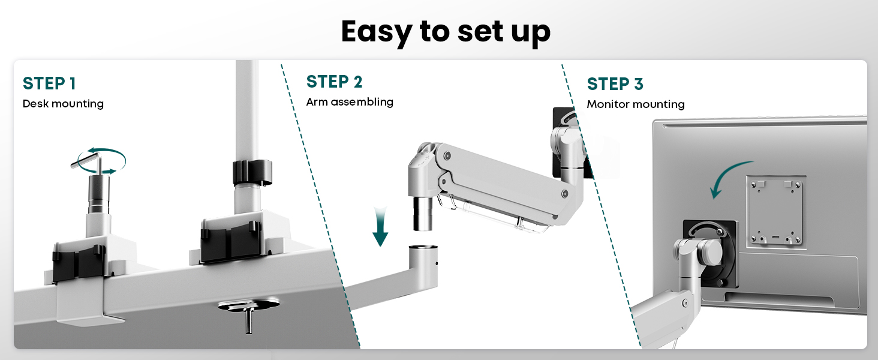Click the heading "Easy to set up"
click(x=446, y=32)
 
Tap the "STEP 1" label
click(x=49, y=83)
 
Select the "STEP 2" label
click(x=334, y=82)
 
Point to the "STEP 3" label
click(x=615, y=85)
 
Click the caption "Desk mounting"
click(x=63, y=104)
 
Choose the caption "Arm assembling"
click(x=350, y=102)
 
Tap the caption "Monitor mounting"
click(x=636, y=104)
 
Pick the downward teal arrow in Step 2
click(x=380, y=227)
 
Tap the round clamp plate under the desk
click(x=249, y=305)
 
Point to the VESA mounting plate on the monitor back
click(x=775, y=212)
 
